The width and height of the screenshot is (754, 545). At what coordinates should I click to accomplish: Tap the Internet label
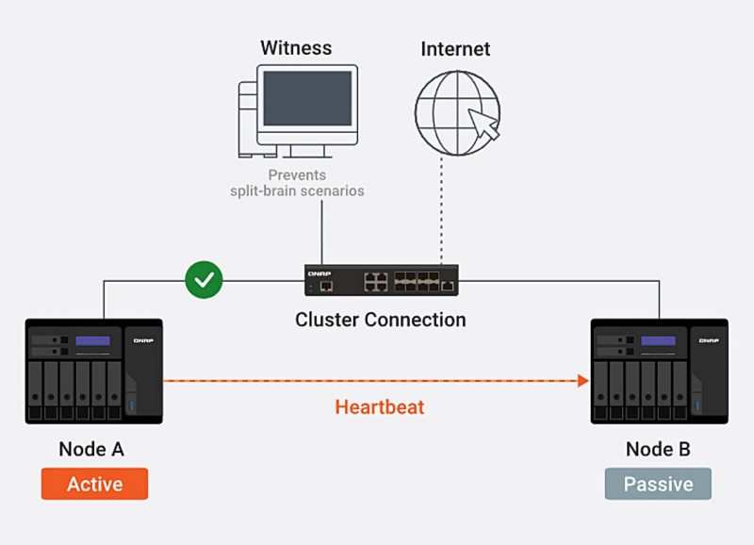pyautogui.click(x=455, y=48)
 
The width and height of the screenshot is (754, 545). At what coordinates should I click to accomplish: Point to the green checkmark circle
pyautogui.click(x=203, y=280)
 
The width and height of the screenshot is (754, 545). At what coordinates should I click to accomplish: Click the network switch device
pyautogui.click(x=381, y=281)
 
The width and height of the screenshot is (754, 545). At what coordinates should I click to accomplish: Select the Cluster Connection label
pyautogui.click(x=380, y=320)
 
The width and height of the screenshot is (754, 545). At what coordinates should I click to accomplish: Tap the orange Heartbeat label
pyautogui.click(x=380, y=407)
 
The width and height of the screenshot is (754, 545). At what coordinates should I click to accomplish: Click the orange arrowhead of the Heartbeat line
pyautogui.click(x=583, y=381)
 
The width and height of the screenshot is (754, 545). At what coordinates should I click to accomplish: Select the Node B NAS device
pyautogui.click(x=659, y=374)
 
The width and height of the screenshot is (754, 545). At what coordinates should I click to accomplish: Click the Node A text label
pyautogui.click(x=91, y=449)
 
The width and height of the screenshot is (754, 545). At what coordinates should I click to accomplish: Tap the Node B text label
pyautogui.click(x=658, y=449)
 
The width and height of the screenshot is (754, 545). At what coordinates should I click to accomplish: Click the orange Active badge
pyautogui.click(x=94, y=484)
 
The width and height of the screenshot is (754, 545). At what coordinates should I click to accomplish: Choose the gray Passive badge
pyautogui.click(x=658, y=485)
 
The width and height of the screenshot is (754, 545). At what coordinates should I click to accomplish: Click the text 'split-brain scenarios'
pyautogui.click(x=298, y=191)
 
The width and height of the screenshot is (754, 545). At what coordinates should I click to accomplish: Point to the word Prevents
pyautogui.click(x=297, y=175)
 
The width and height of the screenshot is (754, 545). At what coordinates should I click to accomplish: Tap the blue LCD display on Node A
pyautogui.click(x=93, y=341)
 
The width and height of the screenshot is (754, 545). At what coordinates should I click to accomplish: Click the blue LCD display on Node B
pyautogui.click(x=658, y=341)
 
